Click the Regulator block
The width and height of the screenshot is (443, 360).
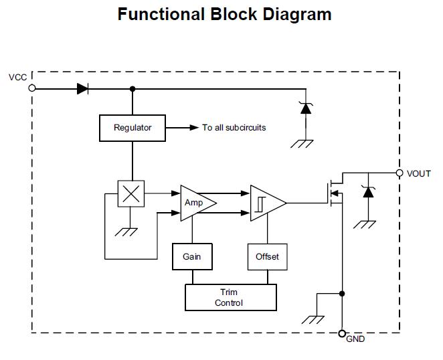[132, 128]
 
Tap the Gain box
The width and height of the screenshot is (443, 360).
[192, 256]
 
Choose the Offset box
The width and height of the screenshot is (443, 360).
[267, 256]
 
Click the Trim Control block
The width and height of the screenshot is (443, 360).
[230, 297]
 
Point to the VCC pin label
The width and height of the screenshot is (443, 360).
[18, 78]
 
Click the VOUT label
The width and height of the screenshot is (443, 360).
[419, 174]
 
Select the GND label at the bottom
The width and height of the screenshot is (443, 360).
[355, 339]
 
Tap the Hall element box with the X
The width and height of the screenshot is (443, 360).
[131, 194]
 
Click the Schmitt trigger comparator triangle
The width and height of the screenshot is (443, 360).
[266, 202]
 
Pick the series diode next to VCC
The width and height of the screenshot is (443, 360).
[84, 88]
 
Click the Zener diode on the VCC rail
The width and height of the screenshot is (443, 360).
[306, 107]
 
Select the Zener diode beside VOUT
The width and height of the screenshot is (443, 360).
[367, 191]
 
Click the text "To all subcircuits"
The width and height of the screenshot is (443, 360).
[234, 128]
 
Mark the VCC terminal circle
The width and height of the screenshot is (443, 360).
[32, 88]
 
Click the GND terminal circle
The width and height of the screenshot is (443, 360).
[342, 333]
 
